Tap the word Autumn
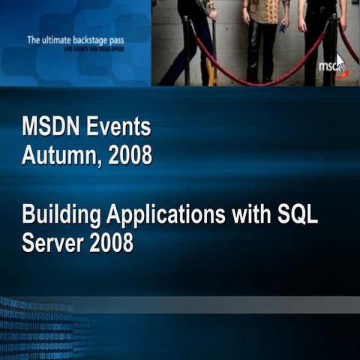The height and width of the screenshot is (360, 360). click(x=60, y=156)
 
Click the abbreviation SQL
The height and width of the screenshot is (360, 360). click(x=298, y=216)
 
